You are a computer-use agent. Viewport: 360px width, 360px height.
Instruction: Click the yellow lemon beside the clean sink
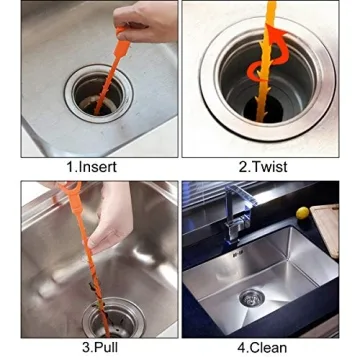(302, 213)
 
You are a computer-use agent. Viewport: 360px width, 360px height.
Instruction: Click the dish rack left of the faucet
(205, 205)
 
